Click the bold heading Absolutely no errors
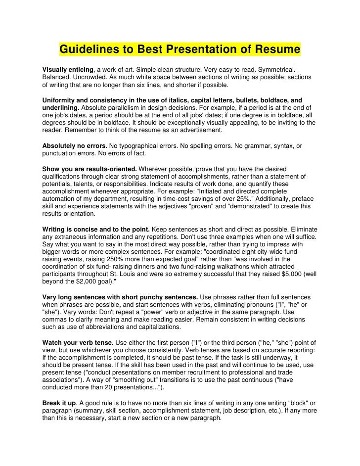75,146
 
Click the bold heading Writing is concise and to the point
96,230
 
